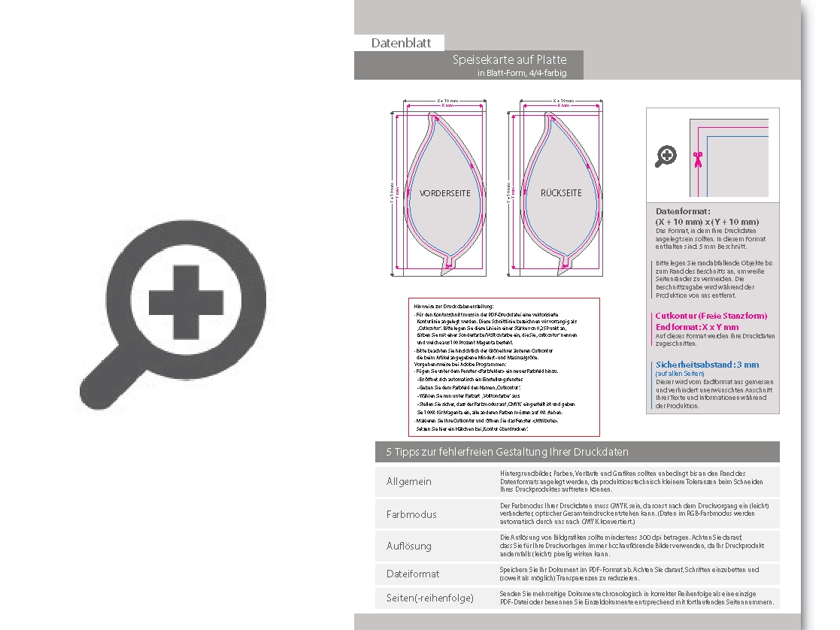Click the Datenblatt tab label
401,43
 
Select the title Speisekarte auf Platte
509,59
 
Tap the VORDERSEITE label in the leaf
445,193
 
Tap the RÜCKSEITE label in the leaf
561,193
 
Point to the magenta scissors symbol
698,158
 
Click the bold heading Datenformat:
683,212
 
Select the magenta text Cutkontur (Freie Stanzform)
711,317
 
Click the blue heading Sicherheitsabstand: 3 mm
707,365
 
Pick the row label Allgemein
409,481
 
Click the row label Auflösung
409,546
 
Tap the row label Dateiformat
413,574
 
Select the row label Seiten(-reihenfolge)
430,598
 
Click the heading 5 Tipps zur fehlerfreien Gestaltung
507,452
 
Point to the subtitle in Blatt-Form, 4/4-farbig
521,73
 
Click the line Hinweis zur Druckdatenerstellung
453,306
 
